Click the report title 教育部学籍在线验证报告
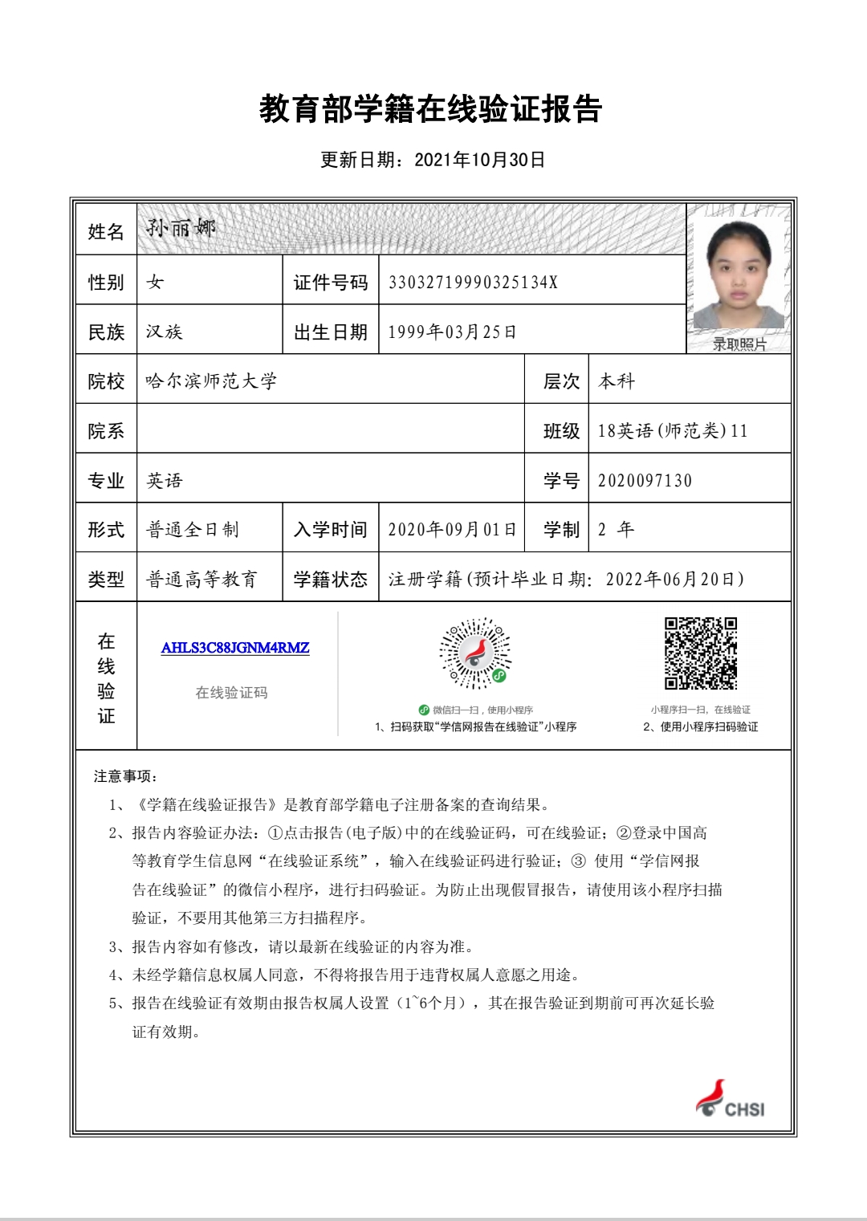click(430, 109)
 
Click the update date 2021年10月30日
click(479, 160)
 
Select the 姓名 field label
click(106, 232)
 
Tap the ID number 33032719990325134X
click(473, 283)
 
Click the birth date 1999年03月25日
click(452, 332)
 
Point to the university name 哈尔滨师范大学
click(211, 381)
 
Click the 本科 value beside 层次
click(617, 381)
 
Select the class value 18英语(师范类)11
click(673, 431)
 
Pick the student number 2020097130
click(645, 481)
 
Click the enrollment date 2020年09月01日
click(452, 530)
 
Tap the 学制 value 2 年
click(616, 530)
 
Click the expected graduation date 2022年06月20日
click(674, 580)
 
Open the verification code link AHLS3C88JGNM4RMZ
click(235, 648)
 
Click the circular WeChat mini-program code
click(475, 653)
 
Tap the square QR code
click(701, 653)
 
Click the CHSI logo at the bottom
click(731, 1099)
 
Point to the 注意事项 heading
click(125, 776)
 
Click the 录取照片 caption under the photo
click(739, 344)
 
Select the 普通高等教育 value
click(201, 580)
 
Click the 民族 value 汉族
click(165, 332)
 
